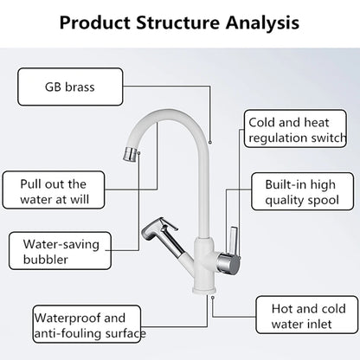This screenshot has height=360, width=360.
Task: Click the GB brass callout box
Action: pos(70,87)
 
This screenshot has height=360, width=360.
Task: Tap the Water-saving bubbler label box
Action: pos(53,250)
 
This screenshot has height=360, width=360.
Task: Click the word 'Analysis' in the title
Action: pos(255,22)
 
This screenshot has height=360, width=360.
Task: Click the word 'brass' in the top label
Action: pos(81,87)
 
